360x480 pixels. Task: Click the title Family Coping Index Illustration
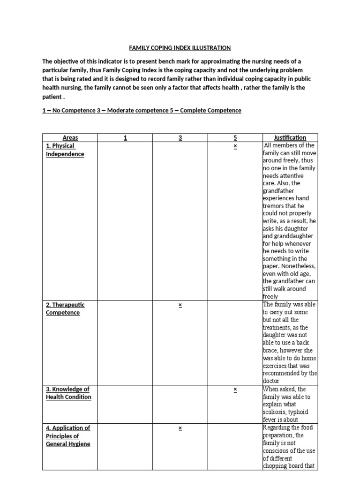click(180, 48)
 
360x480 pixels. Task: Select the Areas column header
click(70, 137)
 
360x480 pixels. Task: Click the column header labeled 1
click(125, 137)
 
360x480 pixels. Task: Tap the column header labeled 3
click(180, 137)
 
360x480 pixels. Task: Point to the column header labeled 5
click(235, 137)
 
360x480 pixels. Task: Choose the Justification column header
click(290, 137)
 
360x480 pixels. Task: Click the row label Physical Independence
click(65, 150)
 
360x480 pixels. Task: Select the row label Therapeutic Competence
click(65, 309)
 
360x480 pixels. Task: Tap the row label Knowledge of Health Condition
click(68, 393)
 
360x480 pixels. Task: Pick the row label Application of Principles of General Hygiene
click(68, 435)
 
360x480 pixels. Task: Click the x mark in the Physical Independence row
click(235, 146)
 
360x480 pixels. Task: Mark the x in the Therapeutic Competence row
click(180, 305)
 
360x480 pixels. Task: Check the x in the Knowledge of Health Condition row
click(235, 390)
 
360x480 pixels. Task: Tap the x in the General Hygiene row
click(180, 428)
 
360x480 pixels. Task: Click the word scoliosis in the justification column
click(277, 412)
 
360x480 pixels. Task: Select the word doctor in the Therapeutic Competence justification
click(273, 381)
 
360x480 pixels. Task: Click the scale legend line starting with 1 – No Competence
click(142, 111)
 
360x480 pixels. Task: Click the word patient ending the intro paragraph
click(52, 97)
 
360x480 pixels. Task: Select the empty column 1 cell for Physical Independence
click(125, 220)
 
